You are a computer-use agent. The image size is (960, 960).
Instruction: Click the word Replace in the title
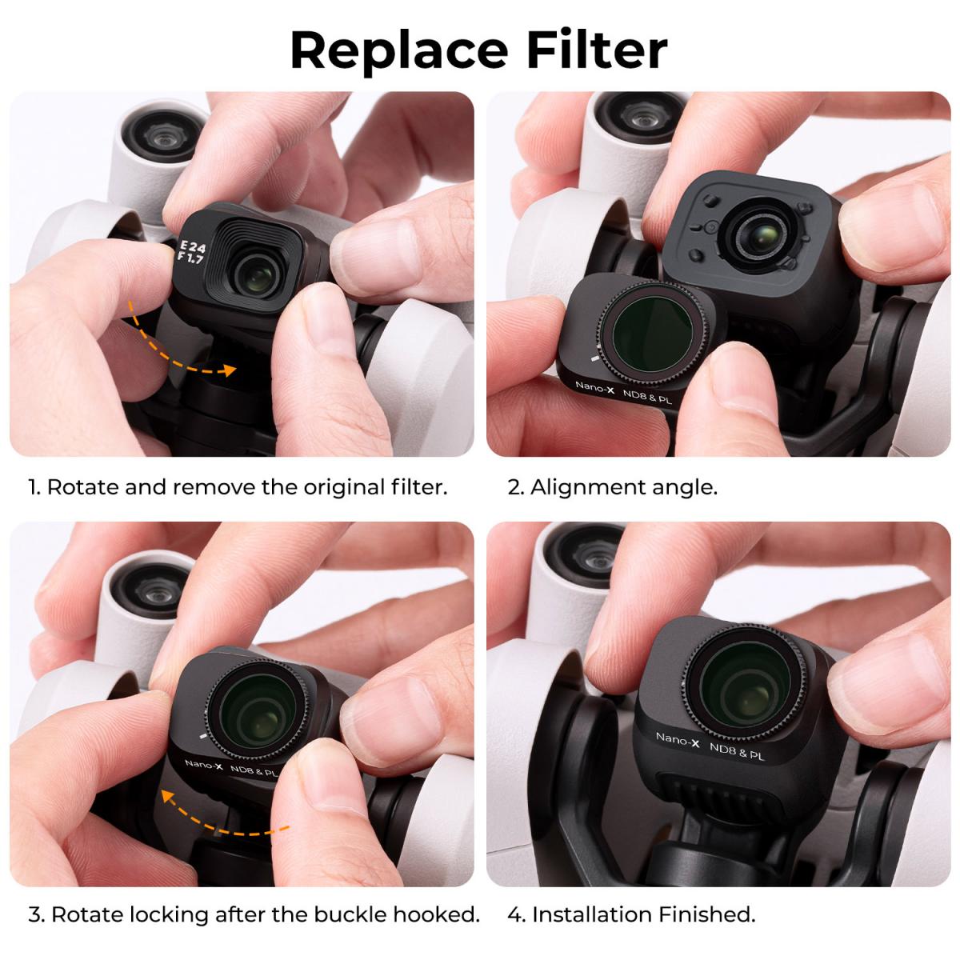point(398,50)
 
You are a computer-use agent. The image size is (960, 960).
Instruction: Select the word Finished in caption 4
point(706,914)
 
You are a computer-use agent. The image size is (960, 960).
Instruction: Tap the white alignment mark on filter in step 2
point(593,359)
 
